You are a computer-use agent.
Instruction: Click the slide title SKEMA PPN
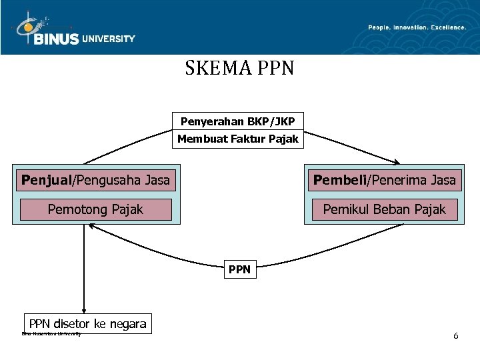point(239,68)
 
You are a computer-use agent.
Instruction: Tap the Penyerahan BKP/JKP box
point(237,121)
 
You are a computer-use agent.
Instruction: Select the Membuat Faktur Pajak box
point(237,139)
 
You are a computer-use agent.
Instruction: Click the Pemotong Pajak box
point(95,209)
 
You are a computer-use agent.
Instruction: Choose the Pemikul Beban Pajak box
point(384,209)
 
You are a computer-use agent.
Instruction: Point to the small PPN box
point(239,269)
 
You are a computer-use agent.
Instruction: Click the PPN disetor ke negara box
point(87,324)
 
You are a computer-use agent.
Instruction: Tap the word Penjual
point(46,179)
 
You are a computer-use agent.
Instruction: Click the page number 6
point(455,335)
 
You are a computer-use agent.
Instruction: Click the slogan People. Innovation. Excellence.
point(417,27)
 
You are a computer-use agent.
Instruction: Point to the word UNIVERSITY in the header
point(109,39)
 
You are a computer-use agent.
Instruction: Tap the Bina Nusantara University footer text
point(51,333)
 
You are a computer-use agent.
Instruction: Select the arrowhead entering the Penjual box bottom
point(91,226)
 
